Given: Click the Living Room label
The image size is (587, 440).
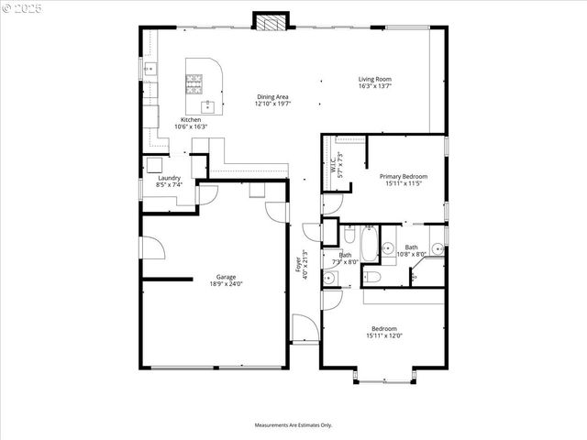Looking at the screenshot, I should [x=373, y=79].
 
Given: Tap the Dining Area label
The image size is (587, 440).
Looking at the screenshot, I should [x=274, y=96].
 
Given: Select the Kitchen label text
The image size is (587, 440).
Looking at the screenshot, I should [x=191, y=120].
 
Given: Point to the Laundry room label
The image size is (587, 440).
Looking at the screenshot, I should [x=169, y=178].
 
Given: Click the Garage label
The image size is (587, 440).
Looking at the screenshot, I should [x=226, y=277].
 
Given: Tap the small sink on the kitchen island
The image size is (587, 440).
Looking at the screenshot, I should [x=208, y=104].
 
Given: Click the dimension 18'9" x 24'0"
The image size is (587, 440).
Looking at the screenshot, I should [x=226, y=283].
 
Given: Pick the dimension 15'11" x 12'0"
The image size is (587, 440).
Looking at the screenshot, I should [x=384, y=335].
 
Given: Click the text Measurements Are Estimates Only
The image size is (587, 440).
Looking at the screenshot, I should [x=293, y=424].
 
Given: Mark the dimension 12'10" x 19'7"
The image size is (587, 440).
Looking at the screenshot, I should [x=274, y=104].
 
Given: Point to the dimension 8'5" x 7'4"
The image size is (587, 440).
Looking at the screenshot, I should [x=169, y=184].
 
